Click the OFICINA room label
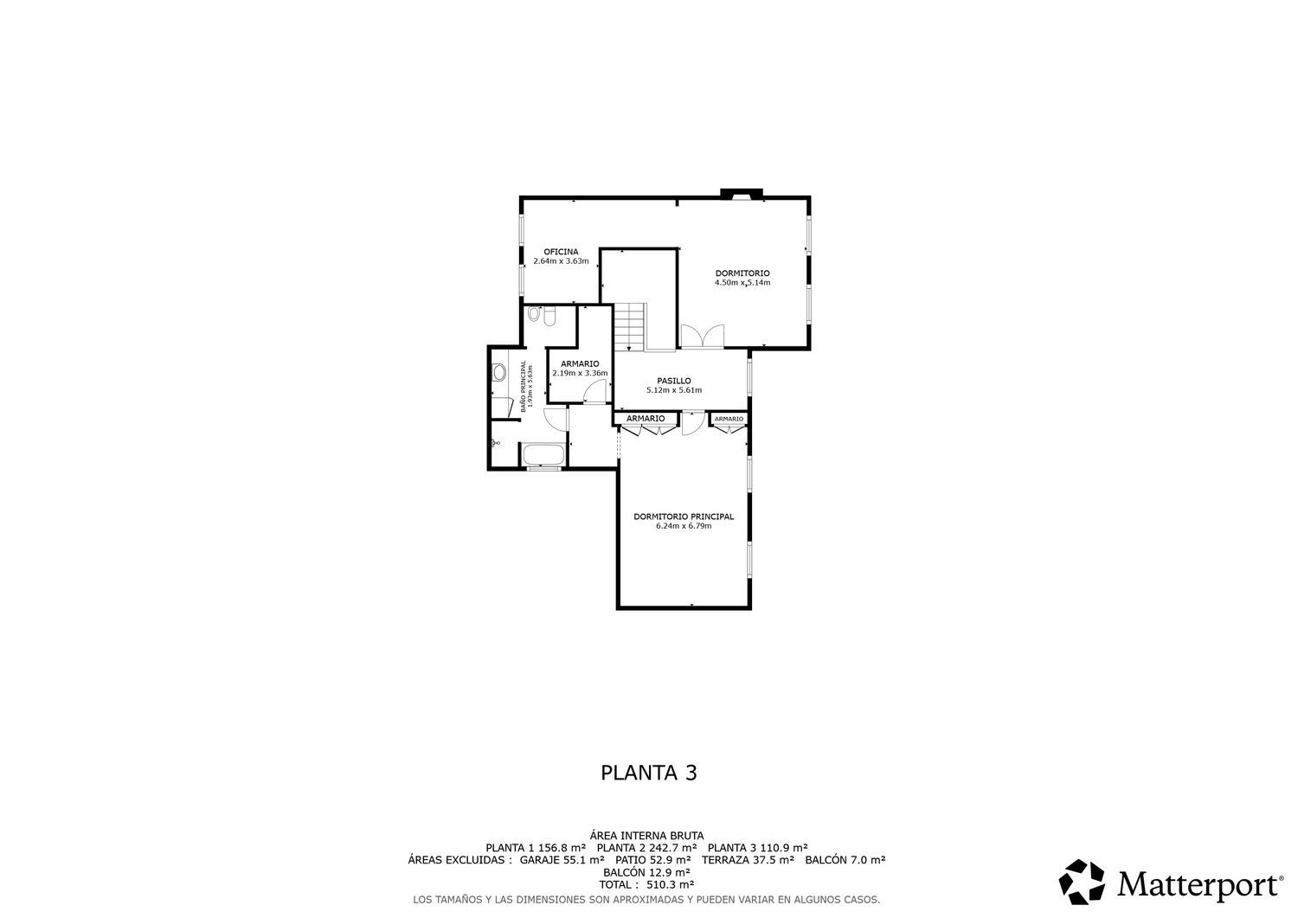pos(561,252)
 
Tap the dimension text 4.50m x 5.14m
pos(742,283)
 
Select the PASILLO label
pos(674,381)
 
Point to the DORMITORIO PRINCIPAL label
pos(684,517)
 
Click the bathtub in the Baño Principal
pos(543,454)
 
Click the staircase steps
pos(630,327)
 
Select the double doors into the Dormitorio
pos(703,336)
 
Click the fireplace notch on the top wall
pos(741,194)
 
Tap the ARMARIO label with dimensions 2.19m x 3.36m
pos(580,364)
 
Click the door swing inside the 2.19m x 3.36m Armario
pos(594,392)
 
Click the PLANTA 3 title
pos(648,773)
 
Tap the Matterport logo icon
pos(1082,882)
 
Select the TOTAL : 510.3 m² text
pos(646,884)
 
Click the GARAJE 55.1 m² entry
pos(562,860)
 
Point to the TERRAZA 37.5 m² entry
pos(748,860)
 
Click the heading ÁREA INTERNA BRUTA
pos(646,836)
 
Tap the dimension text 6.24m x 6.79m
pos(684,526)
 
